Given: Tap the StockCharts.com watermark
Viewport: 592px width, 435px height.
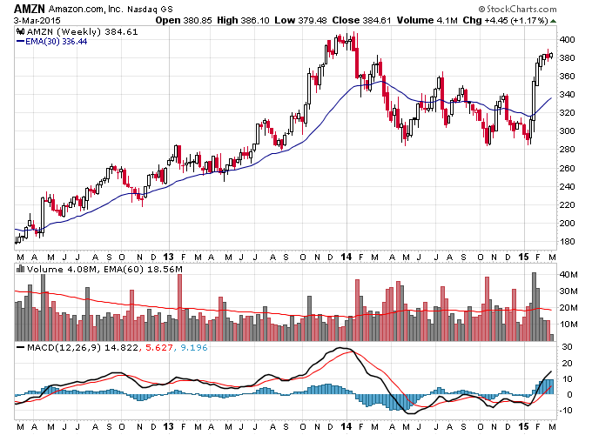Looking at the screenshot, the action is click(x=518, y=9).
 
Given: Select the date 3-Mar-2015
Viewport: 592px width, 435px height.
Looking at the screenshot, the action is click(x=37, y=20).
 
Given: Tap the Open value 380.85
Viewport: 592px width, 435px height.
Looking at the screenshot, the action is click(x=198, y=20).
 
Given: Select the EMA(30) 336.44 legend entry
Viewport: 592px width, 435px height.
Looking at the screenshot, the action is click(x=52, y=42).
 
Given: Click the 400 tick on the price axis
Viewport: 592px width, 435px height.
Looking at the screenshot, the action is click(x=567, y=40).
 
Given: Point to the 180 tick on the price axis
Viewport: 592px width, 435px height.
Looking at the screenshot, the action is click(x=567, y=242).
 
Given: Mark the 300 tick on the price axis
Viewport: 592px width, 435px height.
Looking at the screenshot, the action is click(x=567, y=131).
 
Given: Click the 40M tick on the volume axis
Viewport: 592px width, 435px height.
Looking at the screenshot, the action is click(x=568, y=275).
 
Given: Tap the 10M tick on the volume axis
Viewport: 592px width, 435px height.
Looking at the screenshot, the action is click(x=568, y=325).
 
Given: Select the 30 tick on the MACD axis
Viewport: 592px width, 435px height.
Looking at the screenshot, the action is click(x=567, y=347).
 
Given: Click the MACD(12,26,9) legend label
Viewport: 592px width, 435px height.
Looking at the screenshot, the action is click(x=64, y=347).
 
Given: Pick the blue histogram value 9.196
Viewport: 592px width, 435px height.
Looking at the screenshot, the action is click(x=193, y=347).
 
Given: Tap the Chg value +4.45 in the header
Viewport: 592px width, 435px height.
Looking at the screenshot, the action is click(x=496, y=20).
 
